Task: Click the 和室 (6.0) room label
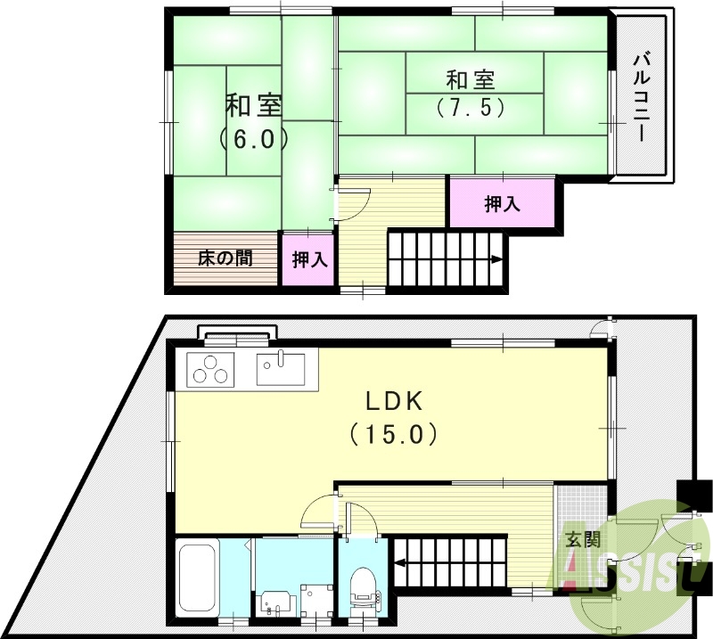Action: [254, 122]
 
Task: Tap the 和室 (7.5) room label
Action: [471, 94]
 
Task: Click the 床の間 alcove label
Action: [225, 259]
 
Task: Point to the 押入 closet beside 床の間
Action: [309, 260]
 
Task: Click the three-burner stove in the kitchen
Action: [211, 368]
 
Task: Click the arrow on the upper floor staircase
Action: [496, 260]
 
